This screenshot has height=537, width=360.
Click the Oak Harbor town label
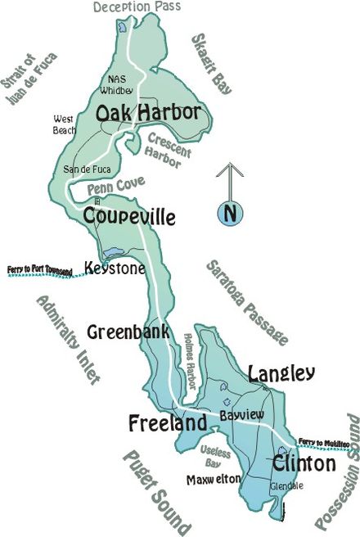(148, 113)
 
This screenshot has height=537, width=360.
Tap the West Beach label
(64, 124)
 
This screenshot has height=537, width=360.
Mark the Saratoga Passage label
(245, 302)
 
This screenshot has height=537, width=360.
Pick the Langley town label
(280, 374)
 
